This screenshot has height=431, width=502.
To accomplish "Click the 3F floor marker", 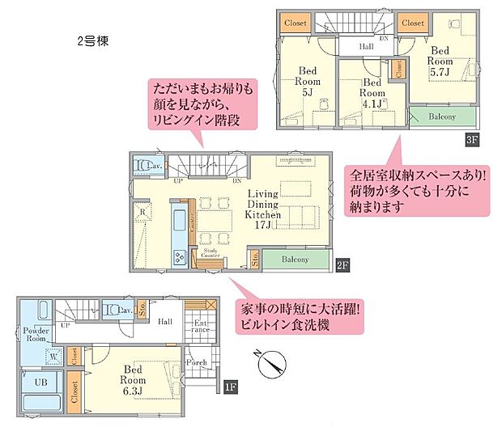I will pyautogui.click(x=471, y=137).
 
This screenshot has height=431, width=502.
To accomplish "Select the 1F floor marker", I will pyautogui.click(x=231, y=387).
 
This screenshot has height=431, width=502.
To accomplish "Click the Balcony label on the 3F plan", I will pyautogui.click(x=441, y=116).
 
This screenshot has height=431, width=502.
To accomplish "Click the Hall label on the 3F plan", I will pyautogui.click(x=367, y=48).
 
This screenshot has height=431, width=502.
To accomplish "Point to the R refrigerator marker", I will pyautogui.click(x=143, y=214).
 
